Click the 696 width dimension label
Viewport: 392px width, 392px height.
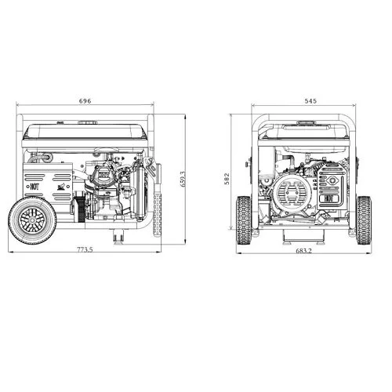86,101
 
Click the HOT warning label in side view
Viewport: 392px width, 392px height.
34,187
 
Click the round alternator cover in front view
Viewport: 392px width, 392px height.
292,192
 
